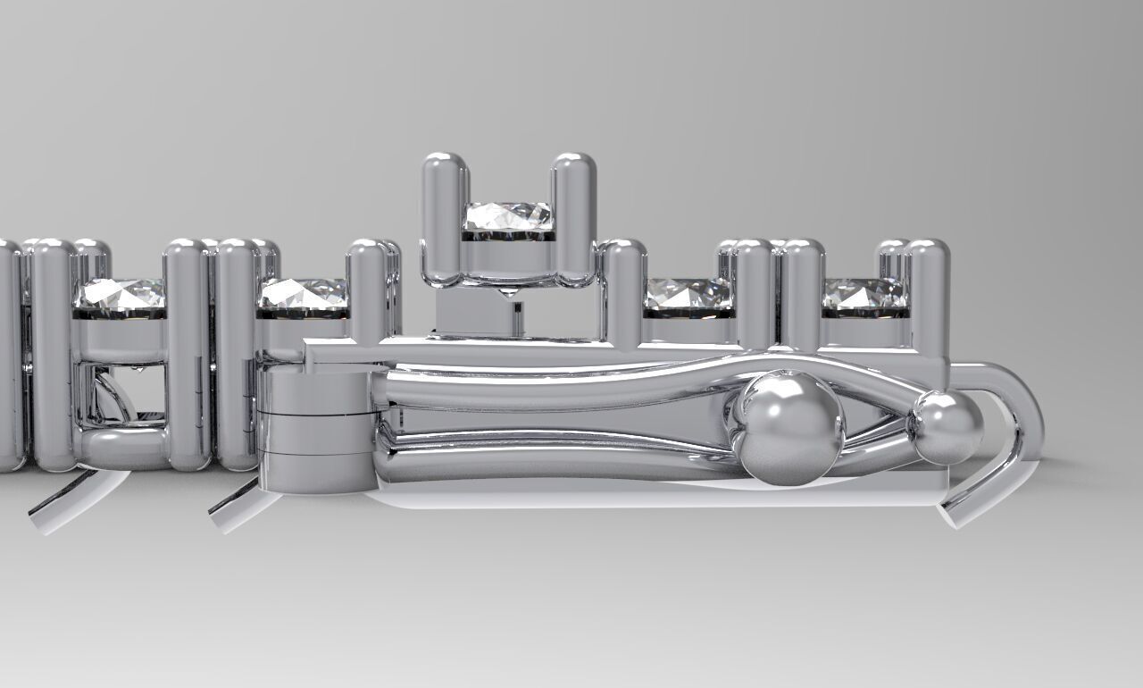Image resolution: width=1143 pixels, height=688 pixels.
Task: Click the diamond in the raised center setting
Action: [508, 216]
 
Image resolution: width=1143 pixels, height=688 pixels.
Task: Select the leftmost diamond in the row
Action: [121, 294]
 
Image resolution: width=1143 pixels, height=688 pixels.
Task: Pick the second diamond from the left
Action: [303, 294]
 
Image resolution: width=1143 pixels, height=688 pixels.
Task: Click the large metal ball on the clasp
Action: [788, 428]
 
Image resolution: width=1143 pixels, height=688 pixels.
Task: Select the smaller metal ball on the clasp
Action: [946, 427]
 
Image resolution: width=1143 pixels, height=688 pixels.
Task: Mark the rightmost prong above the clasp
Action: [928, 295]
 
